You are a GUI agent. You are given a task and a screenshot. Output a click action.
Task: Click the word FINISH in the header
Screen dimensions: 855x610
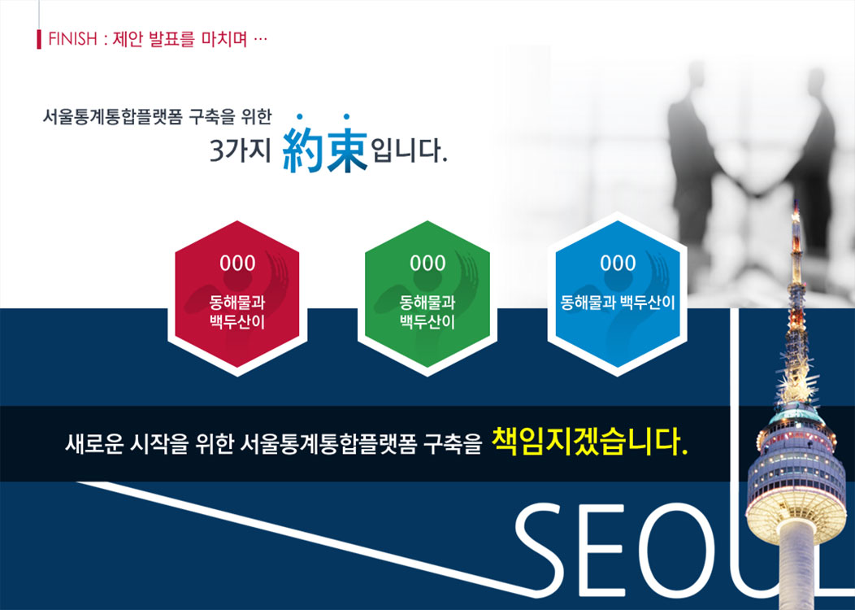click(72, 39)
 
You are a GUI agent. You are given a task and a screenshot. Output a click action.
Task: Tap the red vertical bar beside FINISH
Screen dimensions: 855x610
click(39, 39)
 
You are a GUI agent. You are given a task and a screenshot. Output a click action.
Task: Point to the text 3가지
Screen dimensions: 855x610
click(240, 150)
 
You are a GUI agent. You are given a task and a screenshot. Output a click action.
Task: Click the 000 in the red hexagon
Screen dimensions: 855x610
click(237, 264)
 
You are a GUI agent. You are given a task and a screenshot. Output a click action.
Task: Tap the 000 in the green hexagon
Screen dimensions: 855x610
click(427, 264)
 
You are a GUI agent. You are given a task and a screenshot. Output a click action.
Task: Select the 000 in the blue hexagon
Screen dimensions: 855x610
click(618, 264)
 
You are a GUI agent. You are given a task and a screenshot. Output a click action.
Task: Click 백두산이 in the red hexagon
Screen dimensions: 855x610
click(237, 322)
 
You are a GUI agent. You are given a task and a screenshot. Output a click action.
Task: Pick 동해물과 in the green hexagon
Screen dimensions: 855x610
click(427, 302)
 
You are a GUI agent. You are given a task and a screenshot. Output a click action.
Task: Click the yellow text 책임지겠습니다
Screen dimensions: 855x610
click(589, 441)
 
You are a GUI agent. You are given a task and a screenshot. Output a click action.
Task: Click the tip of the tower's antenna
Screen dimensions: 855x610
click(796, 201)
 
